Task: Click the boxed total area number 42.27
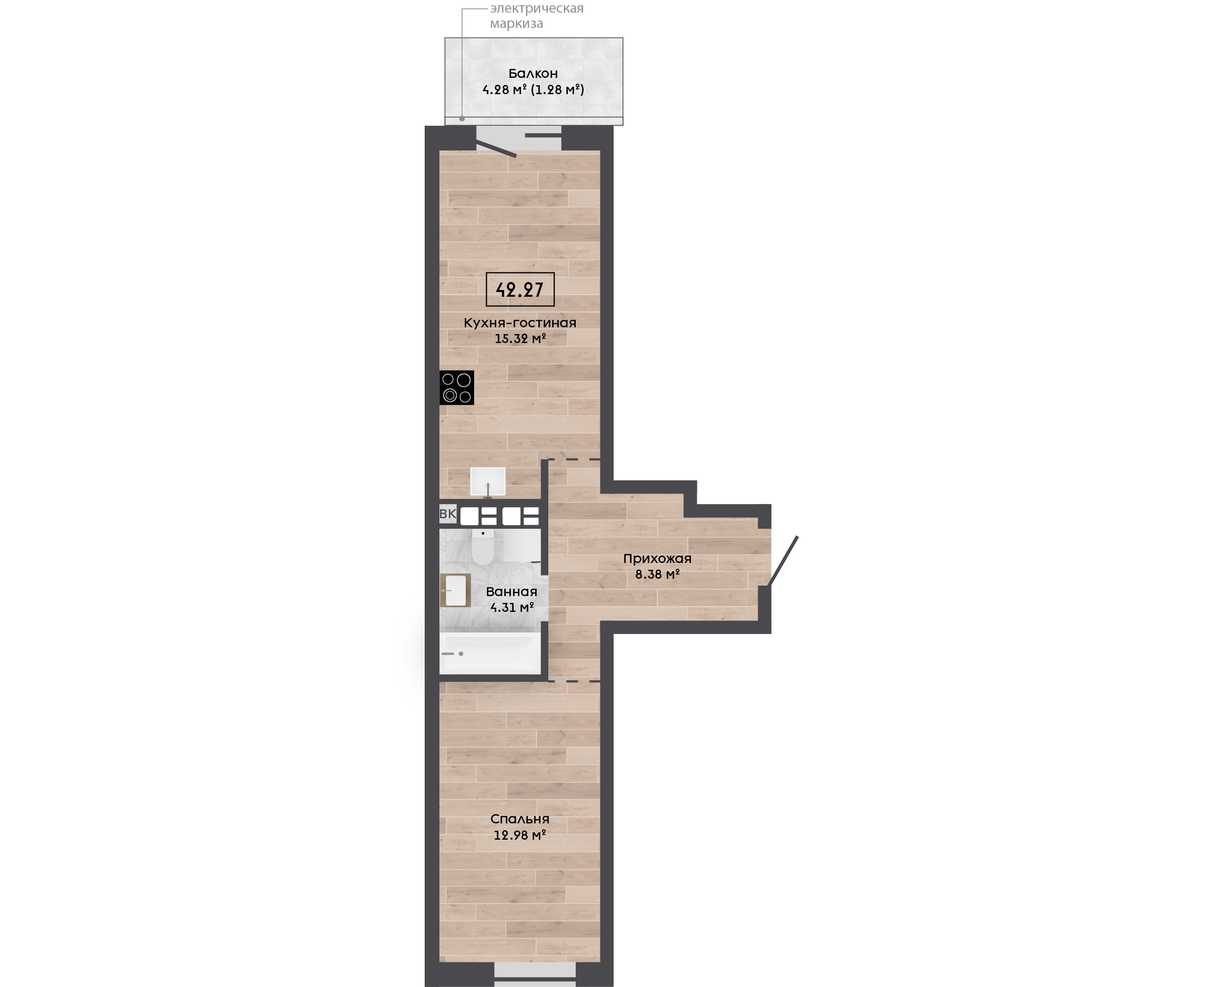[x=520, y=289]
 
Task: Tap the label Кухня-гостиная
[x=520, y=323]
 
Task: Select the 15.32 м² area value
[x=520, y=339]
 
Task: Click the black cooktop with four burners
[x=457, y=388]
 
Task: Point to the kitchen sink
[x=488, y=481]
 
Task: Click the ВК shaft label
[x=447, y=514]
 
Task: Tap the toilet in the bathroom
[x=483, y=546]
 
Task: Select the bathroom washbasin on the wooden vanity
[x=455, y=591]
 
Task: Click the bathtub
[x=490, y=653]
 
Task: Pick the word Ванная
[x=511, y=592]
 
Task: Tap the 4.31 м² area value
[x=512, y=607]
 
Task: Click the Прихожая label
[x=657, y=558]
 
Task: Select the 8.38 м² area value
[x=657, y=574]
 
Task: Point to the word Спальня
[x=520, y=819]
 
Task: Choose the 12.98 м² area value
[x=520, y=835]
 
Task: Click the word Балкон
[x=533, y=73]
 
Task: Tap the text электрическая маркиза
[x=537, y=16]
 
